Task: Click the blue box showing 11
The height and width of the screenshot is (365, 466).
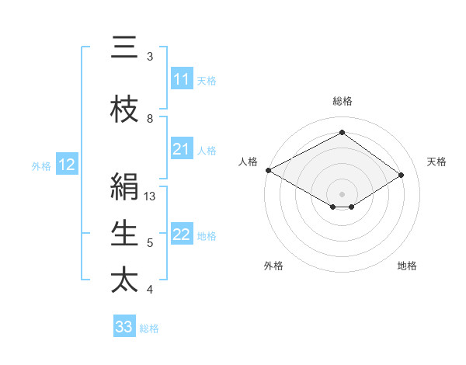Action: click(x=182, y=79)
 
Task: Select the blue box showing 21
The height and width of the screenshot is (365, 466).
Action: click(x=182, y=149)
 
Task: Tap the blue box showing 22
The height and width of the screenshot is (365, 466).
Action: click(x=182, y=235)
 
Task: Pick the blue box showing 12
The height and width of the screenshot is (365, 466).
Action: click(x=67, y=165)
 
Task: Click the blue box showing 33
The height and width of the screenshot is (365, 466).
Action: click(x=124, y=327)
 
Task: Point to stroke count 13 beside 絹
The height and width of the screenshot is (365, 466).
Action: click(x=151, y=196)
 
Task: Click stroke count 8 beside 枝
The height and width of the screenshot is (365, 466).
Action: click(x=150, y=118)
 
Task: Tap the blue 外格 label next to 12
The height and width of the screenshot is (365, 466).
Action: click(x=41, y=165)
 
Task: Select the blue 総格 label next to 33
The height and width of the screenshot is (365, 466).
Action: click(x=149, y=328)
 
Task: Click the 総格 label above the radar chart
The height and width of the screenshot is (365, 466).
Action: click(x=342, y=101)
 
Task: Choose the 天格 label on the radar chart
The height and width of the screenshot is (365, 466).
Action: click(x=437, y=162)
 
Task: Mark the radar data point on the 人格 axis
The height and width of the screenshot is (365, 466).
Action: click(x=268, y=170)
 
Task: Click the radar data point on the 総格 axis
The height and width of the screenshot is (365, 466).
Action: click(x=342, y=132)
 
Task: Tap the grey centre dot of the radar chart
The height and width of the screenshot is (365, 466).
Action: click(x=342, y=193)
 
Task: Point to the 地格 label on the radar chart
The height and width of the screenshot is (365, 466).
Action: click(x=407, y=266)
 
